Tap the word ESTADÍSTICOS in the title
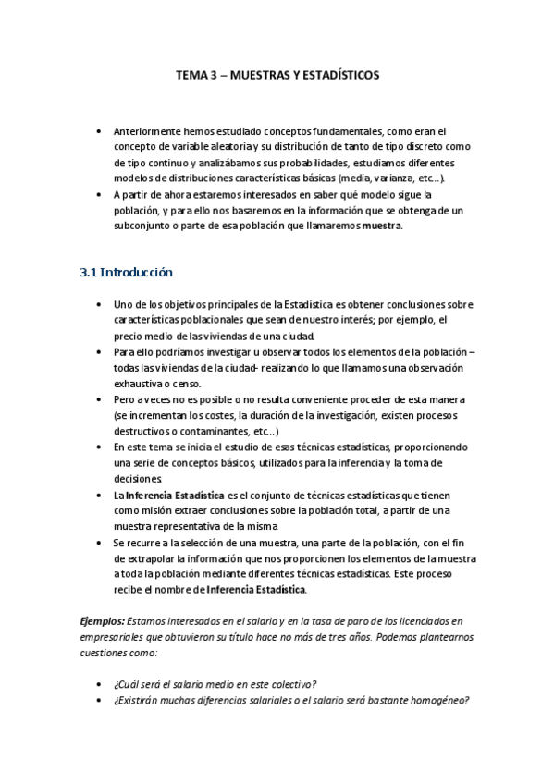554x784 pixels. pos(335,76)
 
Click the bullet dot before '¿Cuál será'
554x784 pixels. pos(99,684)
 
